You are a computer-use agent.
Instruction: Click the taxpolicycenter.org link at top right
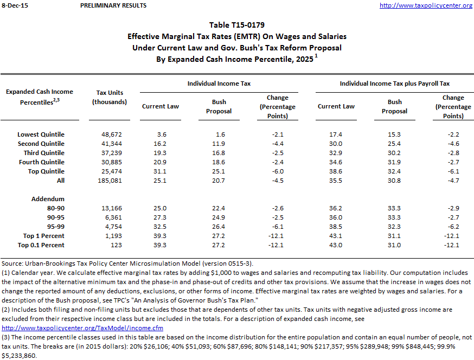(x=426, y=5)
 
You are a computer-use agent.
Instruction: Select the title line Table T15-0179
(x=237, y=25)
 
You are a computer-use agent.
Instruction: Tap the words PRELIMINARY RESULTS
(x=113, y=5)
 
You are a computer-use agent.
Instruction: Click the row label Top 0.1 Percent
(x=41, y=245)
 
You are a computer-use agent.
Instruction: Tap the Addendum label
(x=48, y=199)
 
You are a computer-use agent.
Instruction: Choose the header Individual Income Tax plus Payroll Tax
(x=394, y=83)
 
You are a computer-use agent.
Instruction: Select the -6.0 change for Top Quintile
(x=277, y=171)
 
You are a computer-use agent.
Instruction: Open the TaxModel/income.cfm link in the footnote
(x=83, y=328)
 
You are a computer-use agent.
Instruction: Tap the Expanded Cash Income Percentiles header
(x=40, y=97)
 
